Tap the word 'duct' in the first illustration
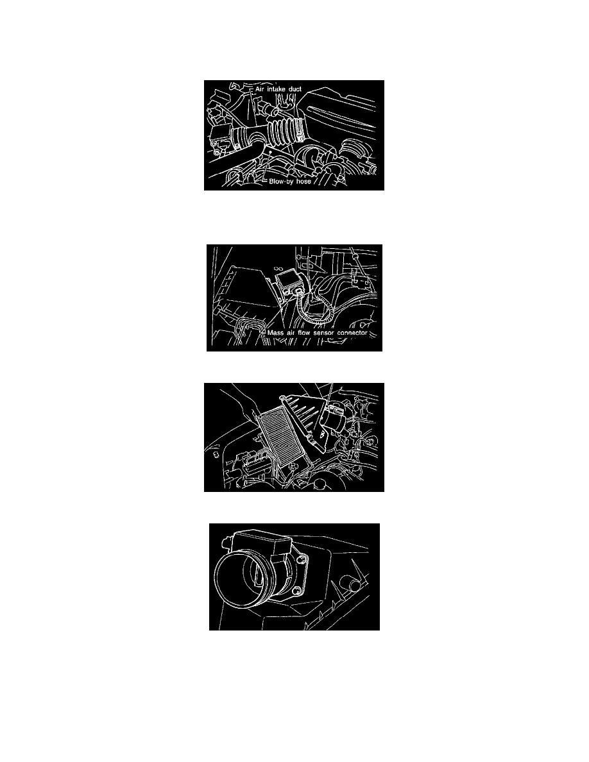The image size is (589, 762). click(x=296, y=89)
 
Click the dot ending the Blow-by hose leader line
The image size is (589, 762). click(x=269, y=151)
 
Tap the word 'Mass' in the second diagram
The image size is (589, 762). click(x=275, y=333)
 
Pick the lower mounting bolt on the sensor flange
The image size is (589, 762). click(x=298, y=589)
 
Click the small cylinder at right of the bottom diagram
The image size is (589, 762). click(x=351, y=581)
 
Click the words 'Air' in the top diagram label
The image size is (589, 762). click(x=259, y=89)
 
